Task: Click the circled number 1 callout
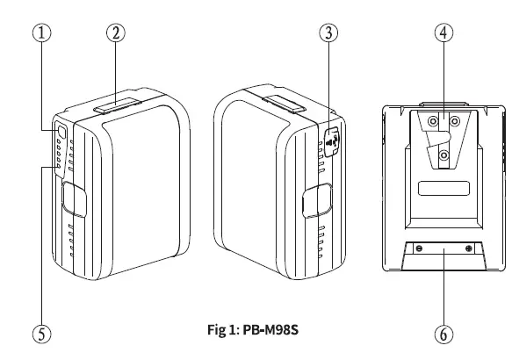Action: point(40,32)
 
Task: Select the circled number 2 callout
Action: point(115,32)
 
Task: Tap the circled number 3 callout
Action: point(328,32)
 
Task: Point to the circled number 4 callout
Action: point(444,32)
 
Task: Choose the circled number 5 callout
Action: point(40,334)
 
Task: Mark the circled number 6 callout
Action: point(444,334)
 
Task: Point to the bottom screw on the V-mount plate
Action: point(444,155)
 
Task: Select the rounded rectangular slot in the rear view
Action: point(444,188)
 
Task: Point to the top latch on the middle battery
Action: point(284,104)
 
